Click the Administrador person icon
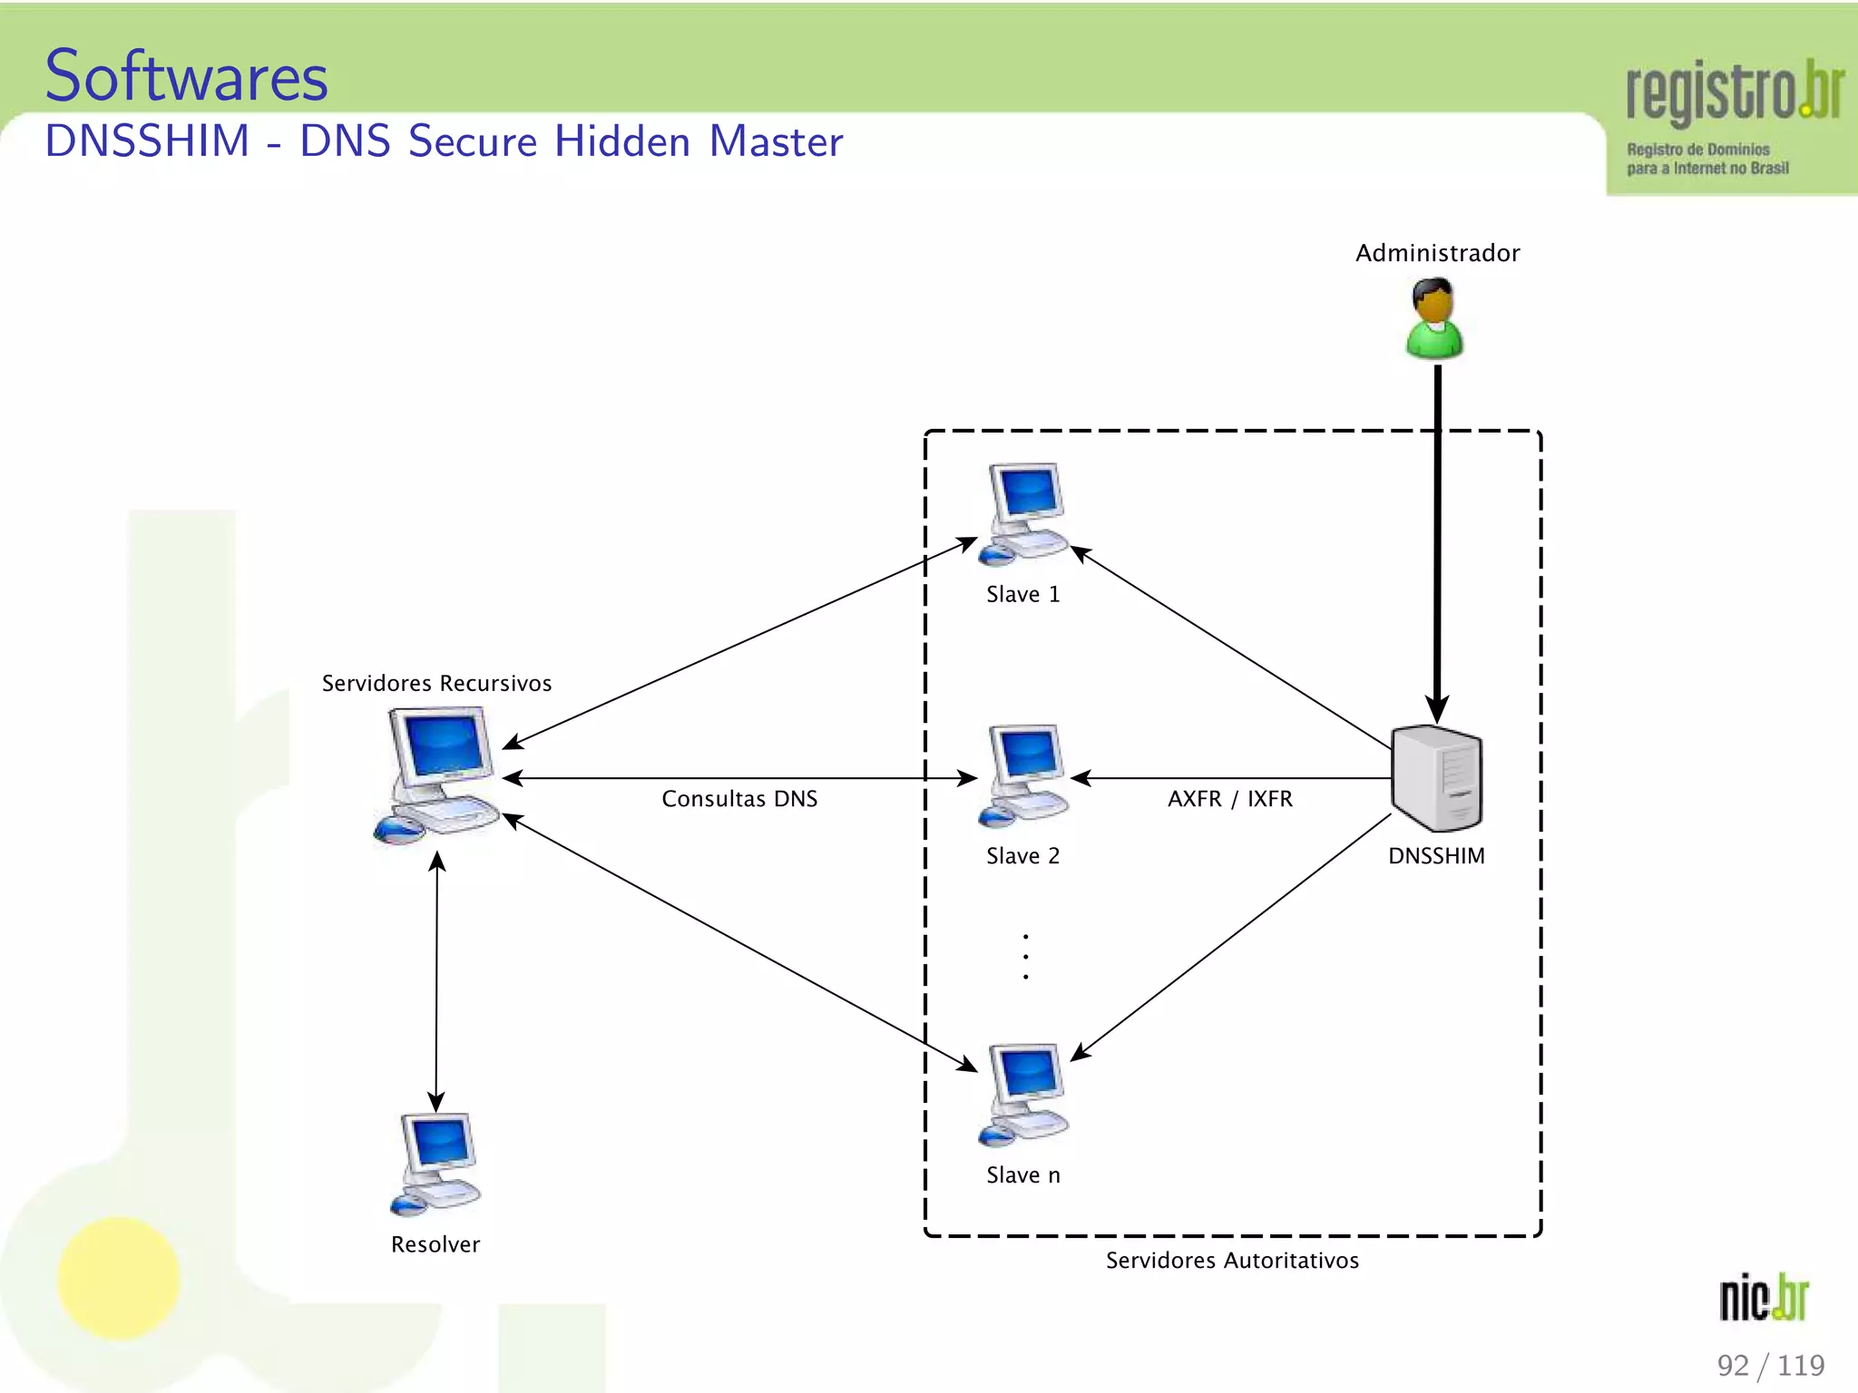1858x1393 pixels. (x=1434, y=319)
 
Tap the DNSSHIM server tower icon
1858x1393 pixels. (x=1436, y=778)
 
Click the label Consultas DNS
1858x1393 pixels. (x=739, y=799)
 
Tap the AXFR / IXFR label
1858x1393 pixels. (x=1229, y=799)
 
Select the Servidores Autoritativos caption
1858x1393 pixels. (x=1232, y=1261)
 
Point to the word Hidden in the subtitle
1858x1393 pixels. (x=622, y=142)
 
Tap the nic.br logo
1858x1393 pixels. (x=1764, y=1298)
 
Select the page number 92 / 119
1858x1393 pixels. (x=1770, y=1365)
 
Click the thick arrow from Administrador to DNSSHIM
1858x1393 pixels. (x=1437, y=544)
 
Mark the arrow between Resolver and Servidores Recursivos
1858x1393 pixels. (x=436, y=983)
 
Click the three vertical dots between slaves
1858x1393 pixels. (x=1025, y=957)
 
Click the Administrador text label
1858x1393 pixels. (x=1437, y=253)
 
